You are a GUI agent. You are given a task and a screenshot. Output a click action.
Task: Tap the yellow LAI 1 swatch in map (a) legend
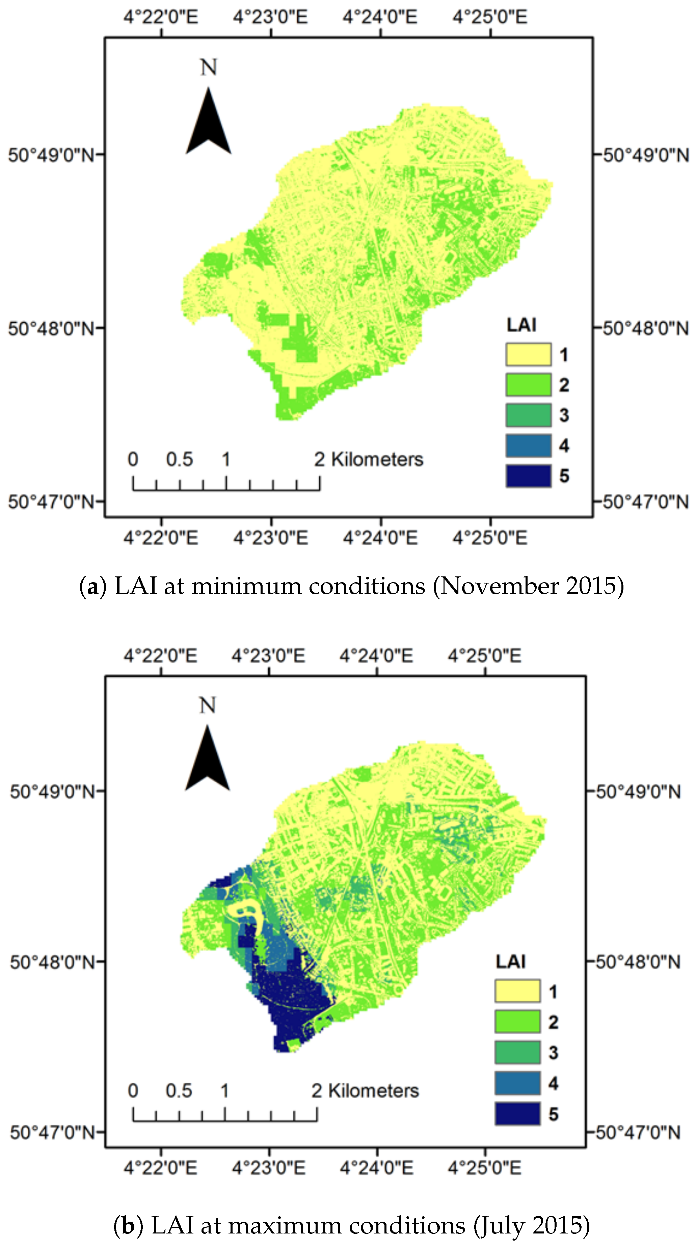[528, 354]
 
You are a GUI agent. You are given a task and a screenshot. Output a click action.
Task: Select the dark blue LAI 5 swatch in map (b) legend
[517, 1113]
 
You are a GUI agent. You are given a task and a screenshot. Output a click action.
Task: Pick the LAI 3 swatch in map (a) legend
[528, 415]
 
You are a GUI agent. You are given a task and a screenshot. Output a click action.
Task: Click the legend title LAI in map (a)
[521, 325]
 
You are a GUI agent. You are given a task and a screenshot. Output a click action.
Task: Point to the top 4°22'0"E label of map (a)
[161, 17]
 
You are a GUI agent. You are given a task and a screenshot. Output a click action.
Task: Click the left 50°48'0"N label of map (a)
[51, 328]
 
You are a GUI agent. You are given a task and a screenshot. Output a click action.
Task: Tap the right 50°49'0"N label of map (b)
[638, 792]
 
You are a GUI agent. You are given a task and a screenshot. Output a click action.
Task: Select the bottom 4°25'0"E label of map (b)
[484, 1168]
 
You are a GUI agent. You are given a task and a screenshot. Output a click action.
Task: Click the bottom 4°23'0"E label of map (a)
[271, 538]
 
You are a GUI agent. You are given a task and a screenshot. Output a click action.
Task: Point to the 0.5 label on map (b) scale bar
[179, 1091]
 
